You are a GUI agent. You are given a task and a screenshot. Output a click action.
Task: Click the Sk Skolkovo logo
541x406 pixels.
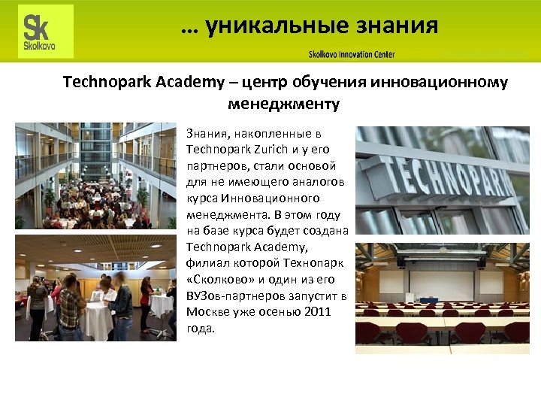pyautogui.click(x=46, y=32)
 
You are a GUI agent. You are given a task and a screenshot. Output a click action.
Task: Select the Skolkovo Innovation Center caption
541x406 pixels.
pyautogui.click(x=351, y=54)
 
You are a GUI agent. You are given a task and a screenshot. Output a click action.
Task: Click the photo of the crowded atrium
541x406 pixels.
pyautogui.click(x=95, y=175)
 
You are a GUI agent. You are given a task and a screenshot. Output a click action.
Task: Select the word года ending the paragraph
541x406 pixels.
pyautogui.click(x=200, y=329)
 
